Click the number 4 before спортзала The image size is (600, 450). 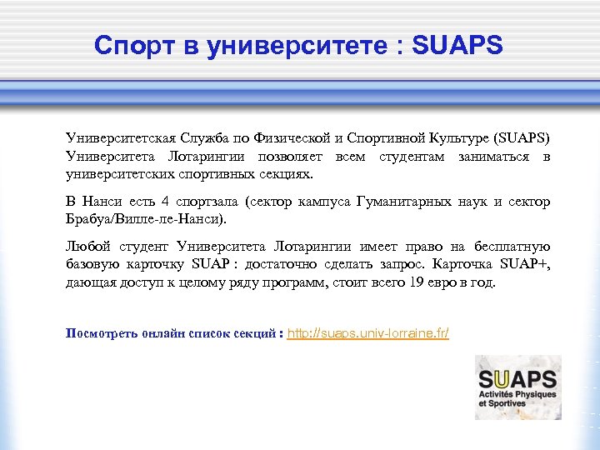[x=166, y=202]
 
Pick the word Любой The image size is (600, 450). [x=87, y=247]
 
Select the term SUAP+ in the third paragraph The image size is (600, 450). [x=525, y=265]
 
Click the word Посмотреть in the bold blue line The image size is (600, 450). [x=102, y=334]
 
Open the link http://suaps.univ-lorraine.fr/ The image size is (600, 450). [x=367, y=334]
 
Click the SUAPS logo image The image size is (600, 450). [x=517, y=387]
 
